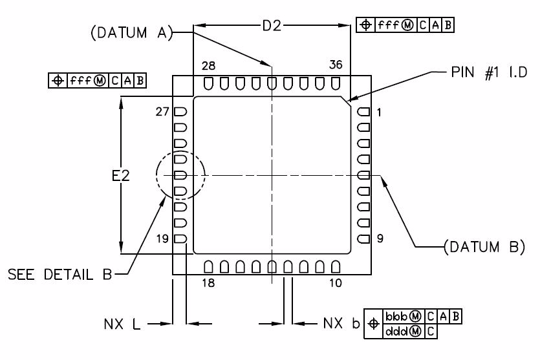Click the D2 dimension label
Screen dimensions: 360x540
(272, 26)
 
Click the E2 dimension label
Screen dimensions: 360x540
(121, 175)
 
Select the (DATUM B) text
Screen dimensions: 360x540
(484, 246)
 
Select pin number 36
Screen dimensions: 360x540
(336, 65)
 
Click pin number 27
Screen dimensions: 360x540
(162, 112)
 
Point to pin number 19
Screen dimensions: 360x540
(162, 239)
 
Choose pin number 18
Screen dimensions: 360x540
(208, 282)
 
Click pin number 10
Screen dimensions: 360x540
(336, 282)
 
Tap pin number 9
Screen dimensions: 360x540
(380, 239)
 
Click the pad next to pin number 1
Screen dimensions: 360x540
(363, 112)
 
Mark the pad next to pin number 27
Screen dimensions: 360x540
(180, 112)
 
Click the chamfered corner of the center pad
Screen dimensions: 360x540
(346, 102)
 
